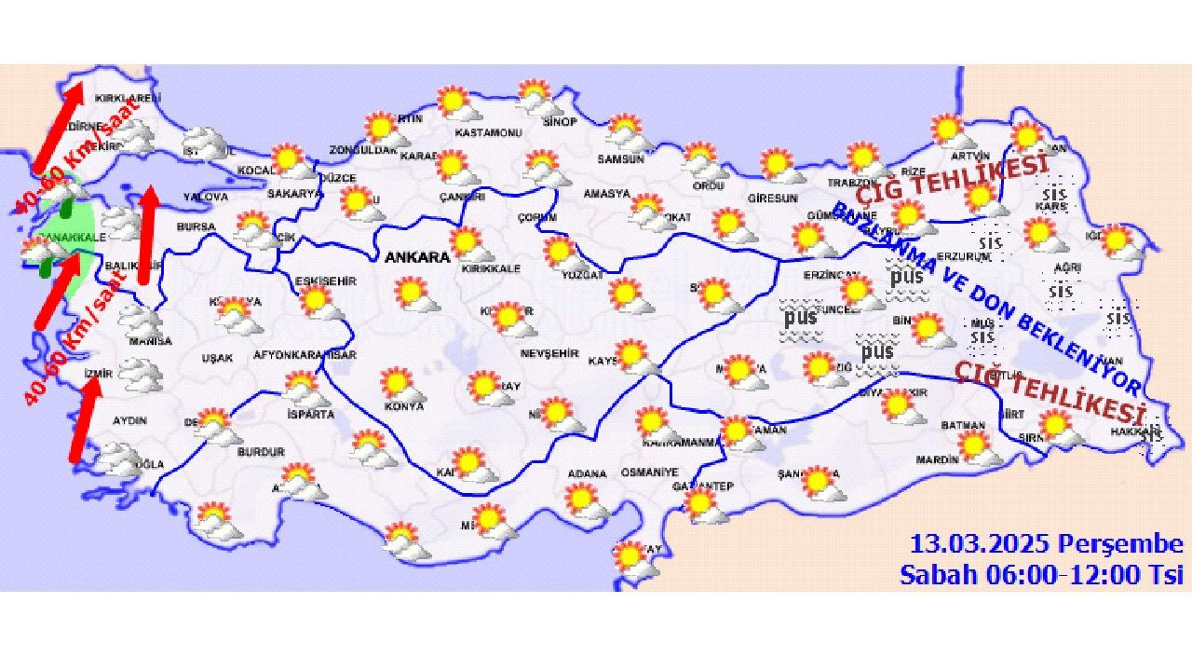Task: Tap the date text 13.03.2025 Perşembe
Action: tap(1046, 544)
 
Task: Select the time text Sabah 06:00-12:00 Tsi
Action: tap(1040, 574)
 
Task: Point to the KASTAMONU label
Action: tap(488, 132)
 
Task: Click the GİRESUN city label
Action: tap(773, 199)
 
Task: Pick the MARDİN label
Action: tap(937, 459)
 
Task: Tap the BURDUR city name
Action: tap(261, 452)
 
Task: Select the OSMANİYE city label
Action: tap(646, 472)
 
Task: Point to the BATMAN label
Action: tap(963, 425)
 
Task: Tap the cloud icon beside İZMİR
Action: tap(141, 376)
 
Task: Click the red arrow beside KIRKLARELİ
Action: tap(59, 127)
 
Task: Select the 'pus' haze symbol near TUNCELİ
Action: tap(800, 316)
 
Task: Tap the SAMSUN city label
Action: tap(621, 158)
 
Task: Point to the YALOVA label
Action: tap(206, 197)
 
